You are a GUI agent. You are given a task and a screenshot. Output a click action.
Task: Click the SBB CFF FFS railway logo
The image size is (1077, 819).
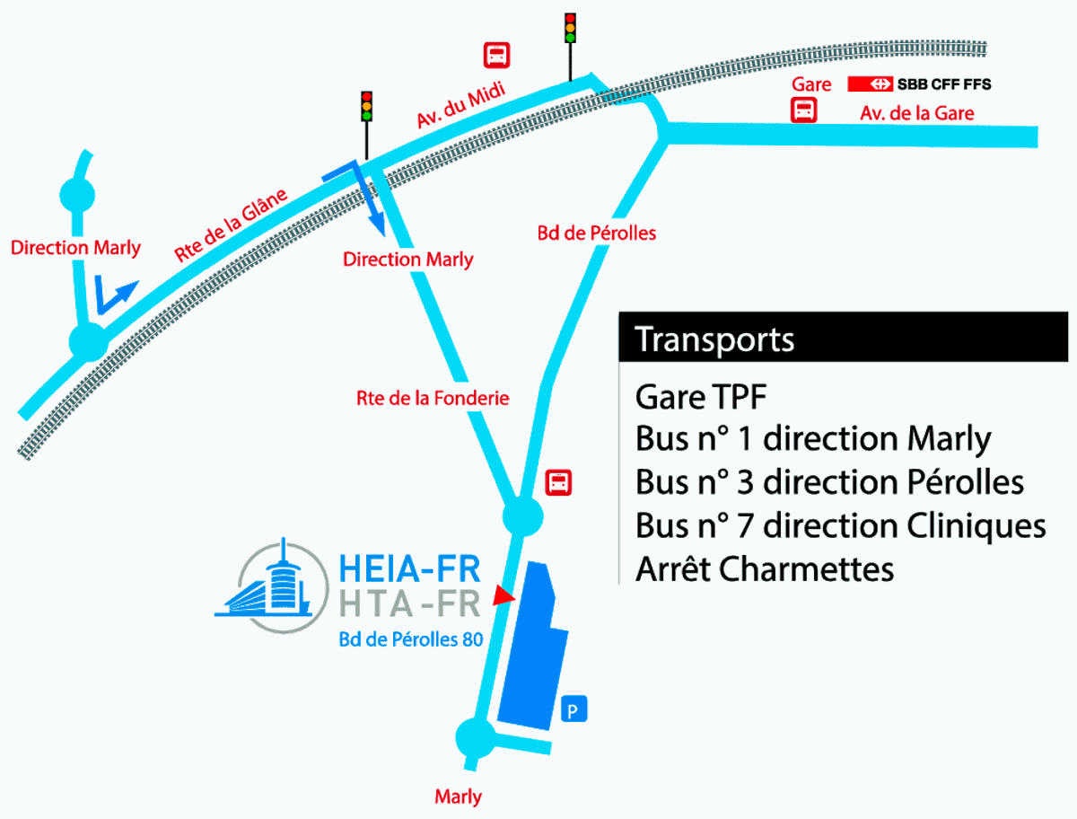(x=919, y=84)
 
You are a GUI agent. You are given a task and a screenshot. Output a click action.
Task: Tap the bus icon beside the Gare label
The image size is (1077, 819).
(x=803, y=111)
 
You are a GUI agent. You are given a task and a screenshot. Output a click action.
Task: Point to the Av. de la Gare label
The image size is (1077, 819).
(x=916, y=113)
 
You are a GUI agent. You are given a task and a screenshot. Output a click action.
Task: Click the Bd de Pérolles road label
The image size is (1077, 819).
(x=597, y=233)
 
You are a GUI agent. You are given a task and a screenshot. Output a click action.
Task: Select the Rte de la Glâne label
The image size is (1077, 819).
(x=231, y=225)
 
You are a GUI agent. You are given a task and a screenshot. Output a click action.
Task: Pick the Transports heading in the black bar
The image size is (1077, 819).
(x=714, y=340)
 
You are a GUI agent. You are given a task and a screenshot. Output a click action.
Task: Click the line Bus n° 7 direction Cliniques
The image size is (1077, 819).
(x=840, y=524)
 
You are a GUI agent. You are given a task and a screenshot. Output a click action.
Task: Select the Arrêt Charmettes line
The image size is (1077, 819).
(x=765, y=568)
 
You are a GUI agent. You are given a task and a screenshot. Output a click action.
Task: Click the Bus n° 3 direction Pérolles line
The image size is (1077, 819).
(x=829, y=481)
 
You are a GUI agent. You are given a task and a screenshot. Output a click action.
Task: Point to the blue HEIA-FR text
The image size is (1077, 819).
(x=410, y=568)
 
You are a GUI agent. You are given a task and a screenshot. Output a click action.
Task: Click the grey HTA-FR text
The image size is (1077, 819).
(x=410, y=603)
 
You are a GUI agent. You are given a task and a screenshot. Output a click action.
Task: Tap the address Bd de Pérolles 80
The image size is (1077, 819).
(x=410, y=640)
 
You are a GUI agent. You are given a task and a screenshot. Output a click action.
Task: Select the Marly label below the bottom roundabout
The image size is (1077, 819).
(x=458, y=797)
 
